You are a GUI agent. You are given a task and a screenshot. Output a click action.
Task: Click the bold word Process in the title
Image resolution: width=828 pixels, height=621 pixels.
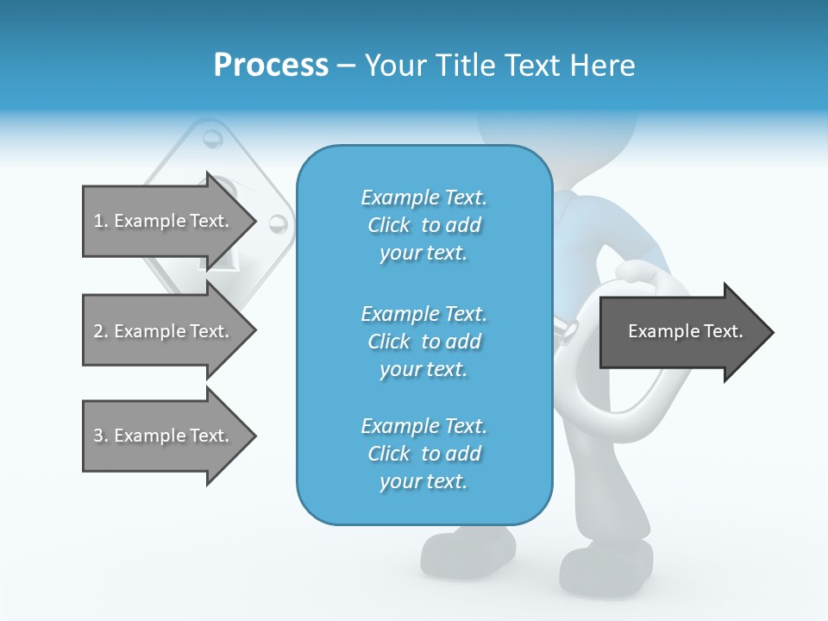pyautogui.click(x=271, y=66)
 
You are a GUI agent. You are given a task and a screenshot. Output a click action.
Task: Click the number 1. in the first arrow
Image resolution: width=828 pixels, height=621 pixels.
pyautogui.click(x=100, y=221)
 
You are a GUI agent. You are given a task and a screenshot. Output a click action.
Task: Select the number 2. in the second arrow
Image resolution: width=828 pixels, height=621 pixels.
pyautogui.click(x=100, y=331)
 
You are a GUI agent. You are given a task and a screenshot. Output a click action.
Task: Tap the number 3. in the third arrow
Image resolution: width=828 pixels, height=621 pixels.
pyautogui.click(x=100, y=436)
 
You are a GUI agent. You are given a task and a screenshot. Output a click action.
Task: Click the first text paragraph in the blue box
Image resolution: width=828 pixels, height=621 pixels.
pyautogui.click(x=423, y=225)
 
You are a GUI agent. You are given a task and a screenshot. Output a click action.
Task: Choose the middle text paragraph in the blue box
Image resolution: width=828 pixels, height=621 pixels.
pyautogui.click(x=423, y=342)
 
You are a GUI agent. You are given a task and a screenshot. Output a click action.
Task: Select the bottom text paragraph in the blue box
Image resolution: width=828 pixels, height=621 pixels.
pyautogui.click(x=423, y=454)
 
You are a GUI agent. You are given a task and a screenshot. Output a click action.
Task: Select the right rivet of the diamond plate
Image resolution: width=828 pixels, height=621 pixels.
pyautogui.click(x=277, y=224)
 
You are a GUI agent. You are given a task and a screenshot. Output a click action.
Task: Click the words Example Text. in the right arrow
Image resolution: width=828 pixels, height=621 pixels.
pyautogui.click(x=685, y=331)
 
